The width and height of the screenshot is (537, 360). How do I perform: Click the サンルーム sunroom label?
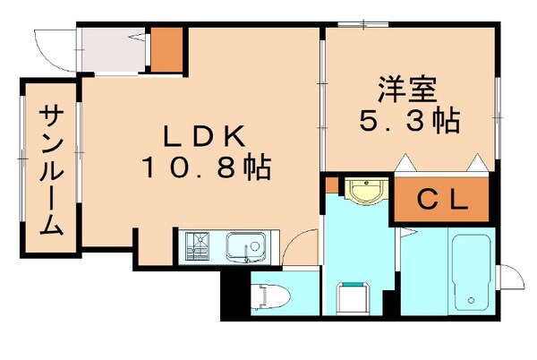coord(51,170)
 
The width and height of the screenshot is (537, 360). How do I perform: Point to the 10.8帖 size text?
coord(205,166)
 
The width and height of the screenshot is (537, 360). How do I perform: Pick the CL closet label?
coord(442,201)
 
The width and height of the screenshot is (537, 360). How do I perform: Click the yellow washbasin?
coord(366,192)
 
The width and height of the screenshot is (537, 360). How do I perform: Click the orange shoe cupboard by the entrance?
coord(166,49)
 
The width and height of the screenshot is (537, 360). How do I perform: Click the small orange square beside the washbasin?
coord(331,186)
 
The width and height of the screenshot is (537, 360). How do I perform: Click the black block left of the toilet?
coord(235,296)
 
